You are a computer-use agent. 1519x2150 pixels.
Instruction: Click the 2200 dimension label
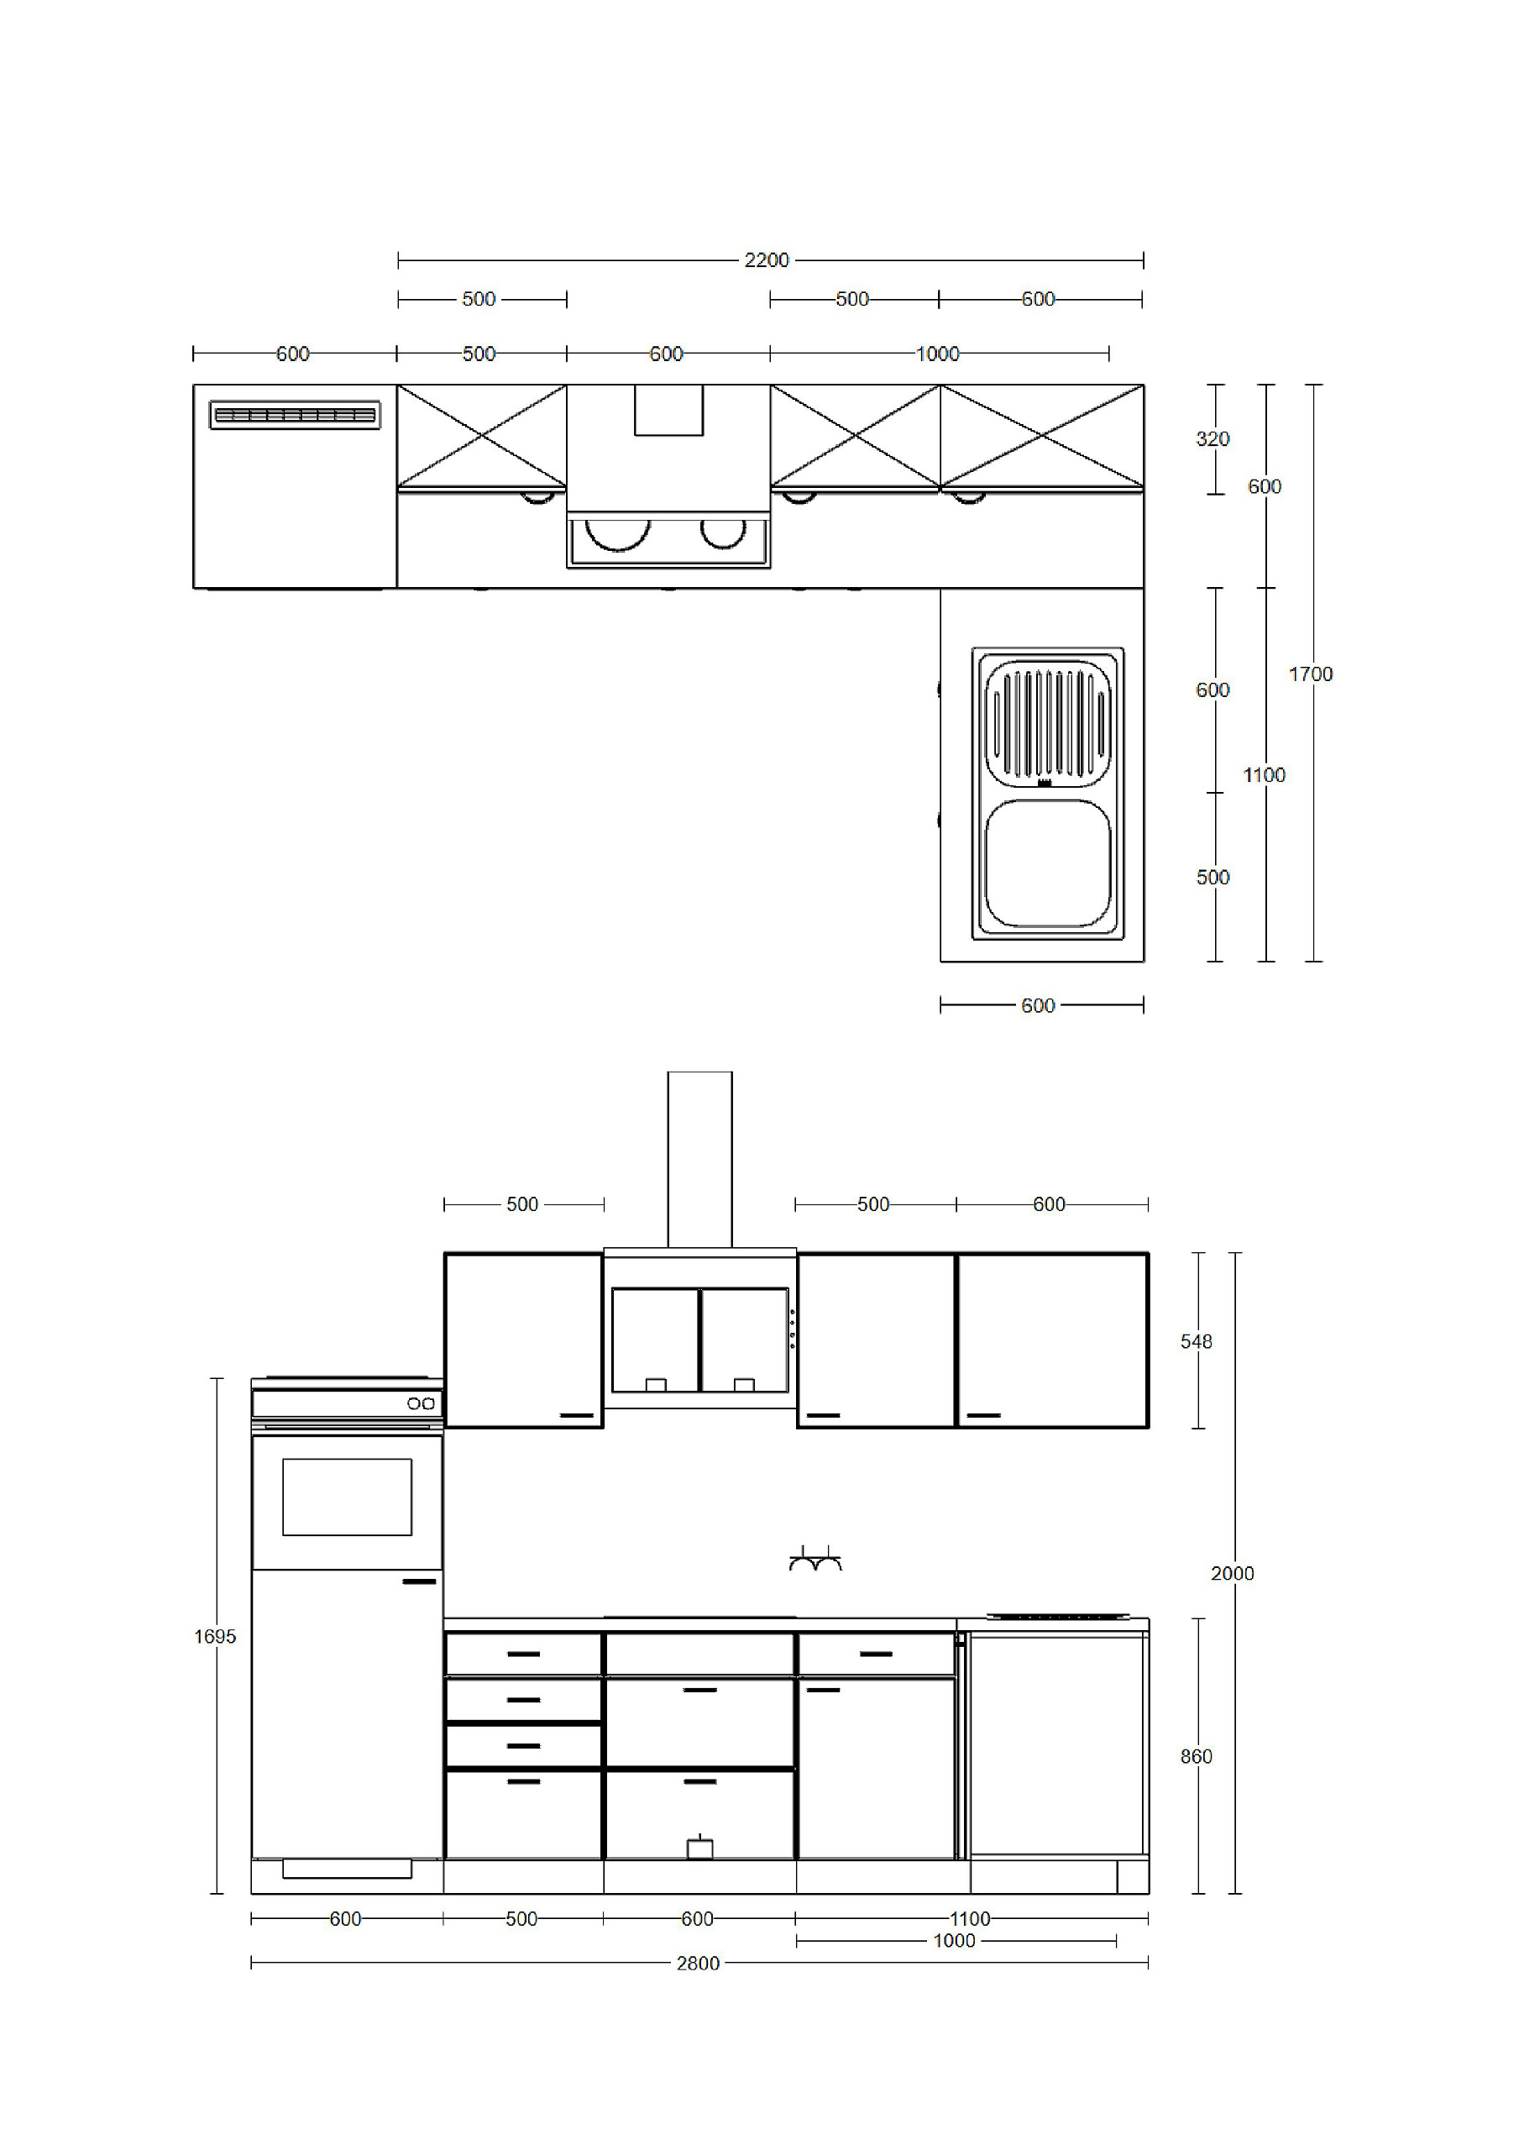pyautogui.click(x=766, y=260)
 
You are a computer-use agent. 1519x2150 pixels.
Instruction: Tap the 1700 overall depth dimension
pyautogui.click(x=1310, y=674)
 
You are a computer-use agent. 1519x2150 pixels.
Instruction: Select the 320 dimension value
pyautogui.click(x=1213, y=439)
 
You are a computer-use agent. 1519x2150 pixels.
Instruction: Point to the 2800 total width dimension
pyautogui.click(x=698, y=1964)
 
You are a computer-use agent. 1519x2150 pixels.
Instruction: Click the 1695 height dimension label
pyautogui.click(x=216, y=1637)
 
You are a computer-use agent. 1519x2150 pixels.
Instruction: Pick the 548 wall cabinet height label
pyautogui.click(x=1196, y=1342)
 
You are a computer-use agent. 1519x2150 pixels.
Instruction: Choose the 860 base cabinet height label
pyautogui.click(x=1196, y=1757)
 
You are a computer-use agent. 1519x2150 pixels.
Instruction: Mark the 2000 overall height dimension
pyautogui.click(x=1233, y=1574)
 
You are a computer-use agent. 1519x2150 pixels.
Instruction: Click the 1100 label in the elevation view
pyautogui.click(x=970, y=1919)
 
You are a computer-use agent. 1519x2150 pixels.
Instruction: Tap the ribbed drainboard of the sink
pyautogui.click(x=1048, y=722)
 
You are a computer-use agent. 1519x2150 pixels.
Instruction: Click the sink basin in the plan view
pyautogui.click(x=1048, y=863)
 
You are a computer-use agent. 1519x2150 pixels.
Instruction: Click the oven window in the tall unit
pyautogui.click(x=348, y=1497)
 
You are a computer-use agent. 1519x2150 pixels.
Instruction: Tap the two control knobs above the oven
pyautogui.click(x=421, y=1403)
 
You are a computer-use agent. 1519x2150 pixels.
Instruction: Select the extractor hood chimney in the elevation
pyautogui.click(x=699, y=1160)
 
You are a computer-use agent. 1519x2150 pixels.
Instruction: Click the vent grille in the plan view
pyautogui.click(x=295, y=415)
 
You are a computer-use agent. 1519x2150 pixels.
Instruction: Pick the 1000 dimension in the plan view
pyautogui.click(x=937, y=354)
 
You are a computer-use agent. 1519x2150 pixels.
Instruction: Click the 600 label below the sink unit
pyautogui.click(x=1038, y=1005)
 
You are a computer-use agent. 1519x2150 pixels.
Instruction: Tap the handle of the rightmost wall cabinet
pyautogui.click(x=983, y=1415)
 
